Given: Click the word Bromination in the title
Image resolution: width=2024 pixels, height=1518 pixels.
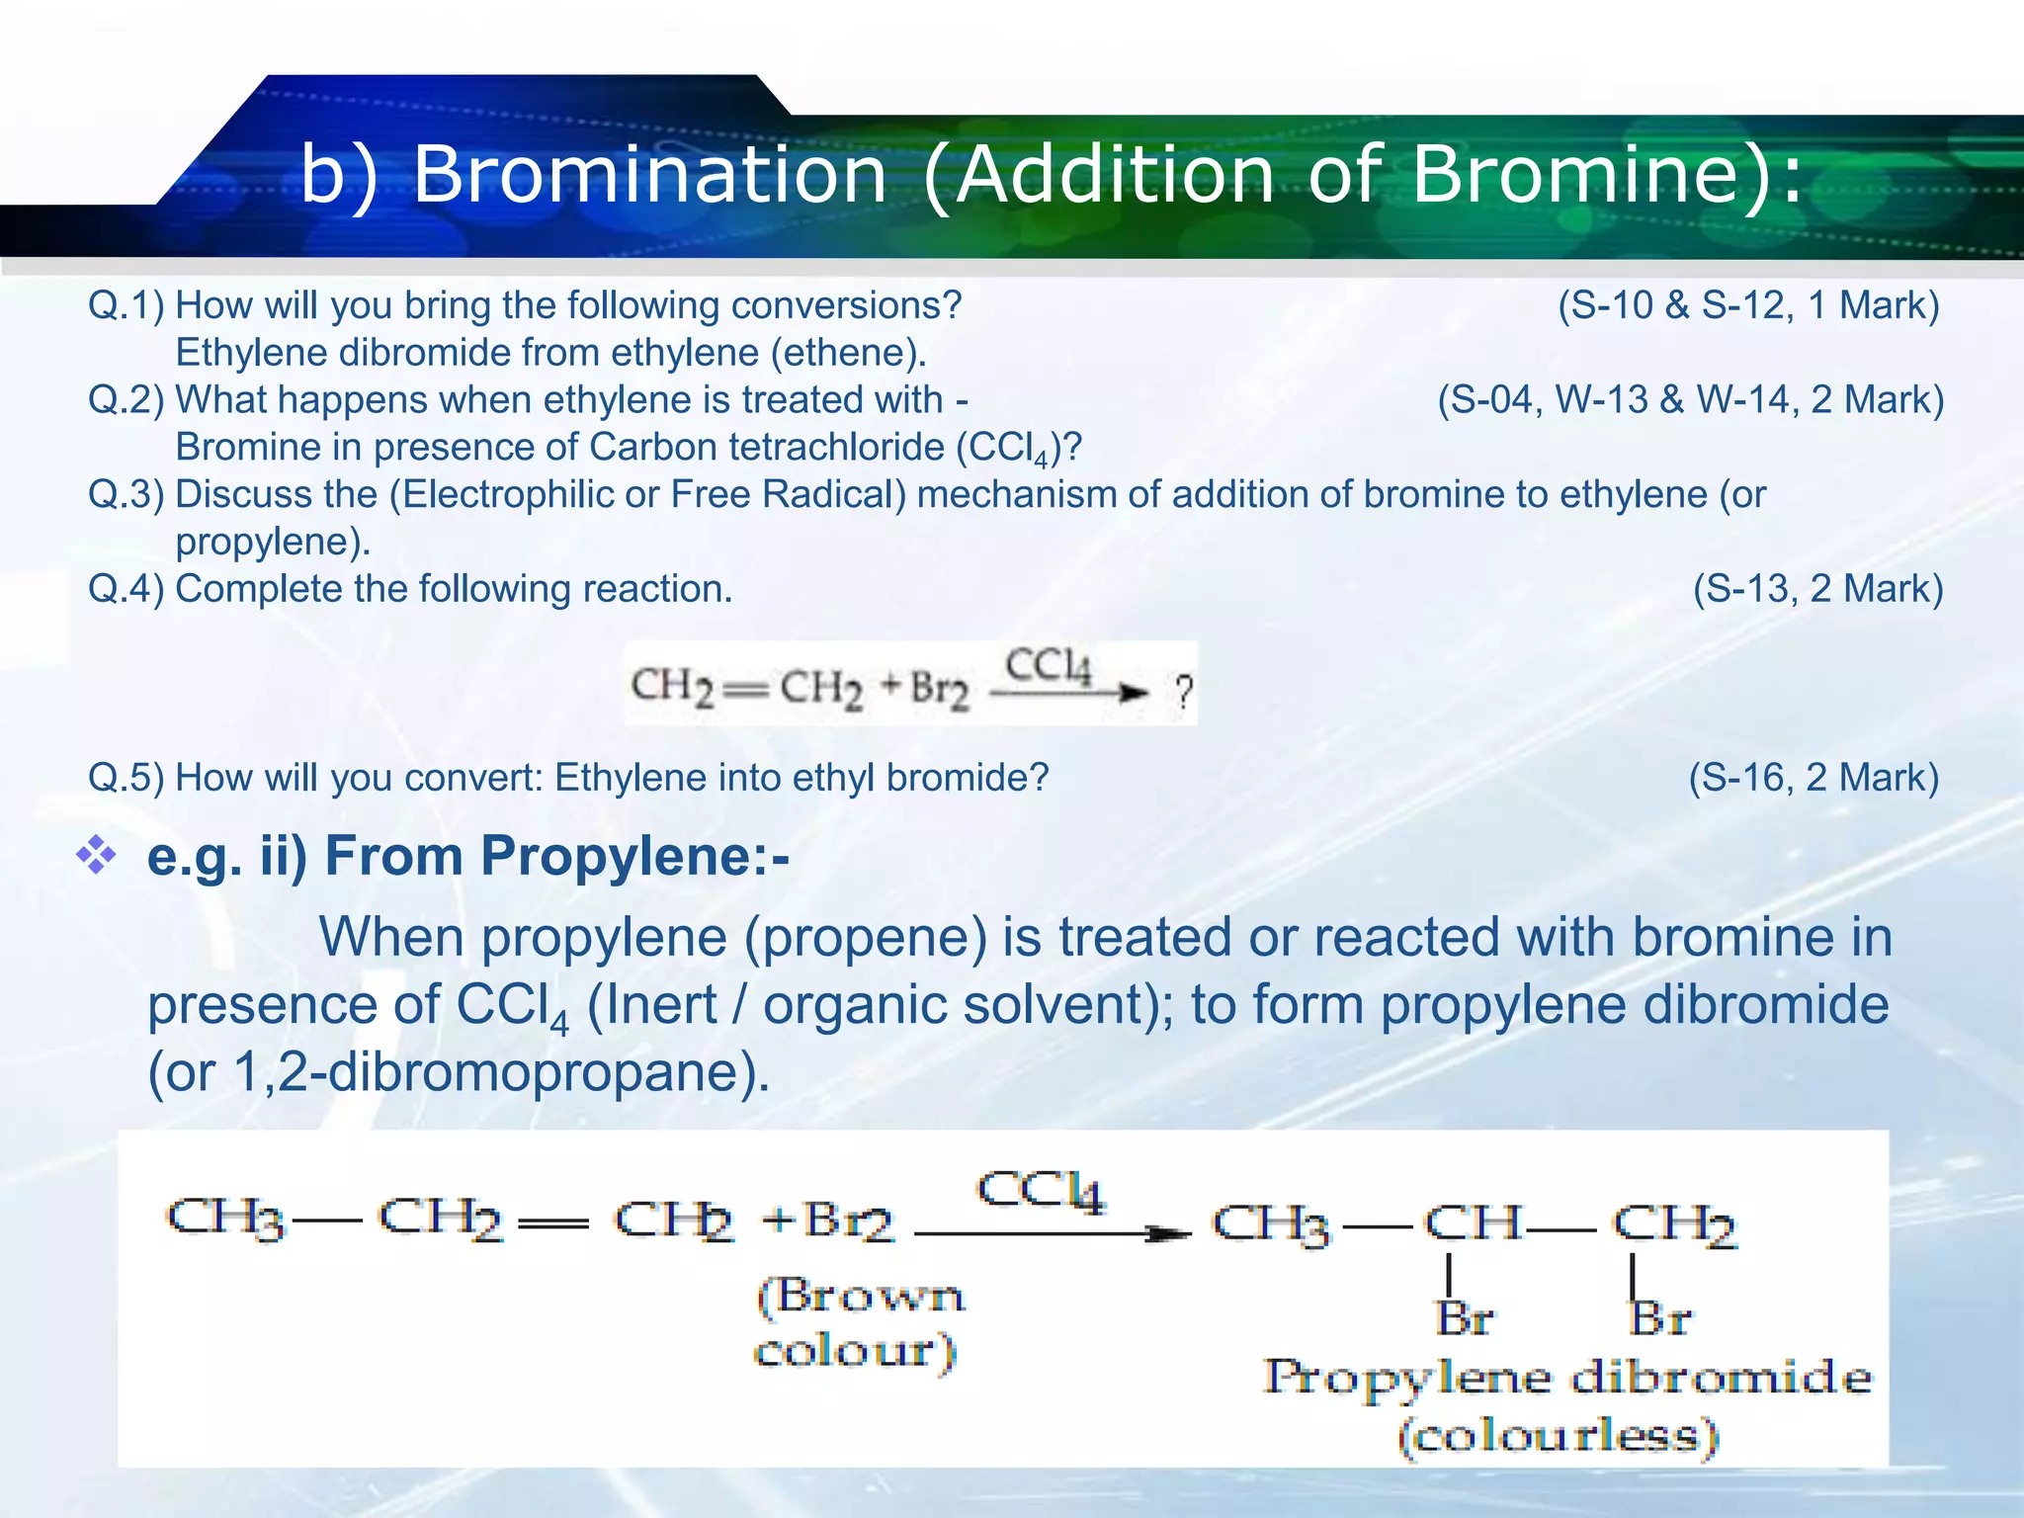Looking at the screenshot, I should tap(649, 175).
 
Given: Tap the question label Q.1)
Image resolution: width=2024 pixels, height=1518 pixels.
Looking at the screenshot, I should tap(126, 305).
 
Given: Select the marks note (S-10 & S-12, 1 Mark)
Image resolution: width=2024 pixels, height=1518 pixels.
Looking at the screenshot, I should tap(1748, 305).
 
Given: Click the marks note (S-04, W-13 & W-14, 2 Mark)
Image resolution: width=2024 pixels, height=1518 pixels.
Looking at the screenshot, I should tap(1690, 400).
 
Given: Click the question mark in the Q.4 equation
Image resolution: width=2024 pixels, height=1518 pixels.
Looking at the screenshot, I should tap(1183, 691).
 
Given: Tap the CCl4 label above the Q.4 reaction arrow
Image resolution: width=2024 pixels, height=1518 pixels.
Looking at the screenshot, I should tap(1049, 667).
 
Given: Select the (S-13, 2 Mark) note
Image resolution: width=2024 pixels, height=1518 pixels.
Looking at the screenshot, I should tap(1817, 589).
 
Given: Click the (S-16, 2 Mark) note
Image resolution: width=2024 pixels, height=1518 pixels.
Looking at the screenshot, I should tap(1813, 778).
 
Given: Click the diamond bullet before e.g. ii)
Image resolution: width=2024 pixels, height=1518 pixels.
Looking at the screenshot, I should tap(96, 855).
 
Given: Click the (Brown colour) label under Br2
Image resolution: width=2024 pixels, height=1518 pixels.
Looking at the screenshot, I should tap(858, 1322).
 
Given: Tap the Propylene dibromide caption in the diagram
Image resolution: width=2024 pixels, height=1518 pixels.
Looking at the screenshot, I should tap(1567, 1378).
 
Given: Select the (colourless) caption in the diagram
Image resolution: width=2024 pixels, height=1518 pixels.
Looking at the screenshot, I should tap(1559, 1436).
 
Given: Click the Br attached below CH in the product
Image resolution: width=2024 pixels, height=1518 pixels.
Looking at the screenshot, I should tap(1464, 1318).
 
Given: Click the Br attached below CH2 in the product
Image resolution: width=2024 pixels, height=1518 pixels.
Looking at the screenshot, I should tap(1659, 1318).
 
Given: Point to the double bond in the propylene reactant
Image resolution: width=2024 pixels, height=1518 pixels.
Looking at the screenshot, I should tap(553, 1223).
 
